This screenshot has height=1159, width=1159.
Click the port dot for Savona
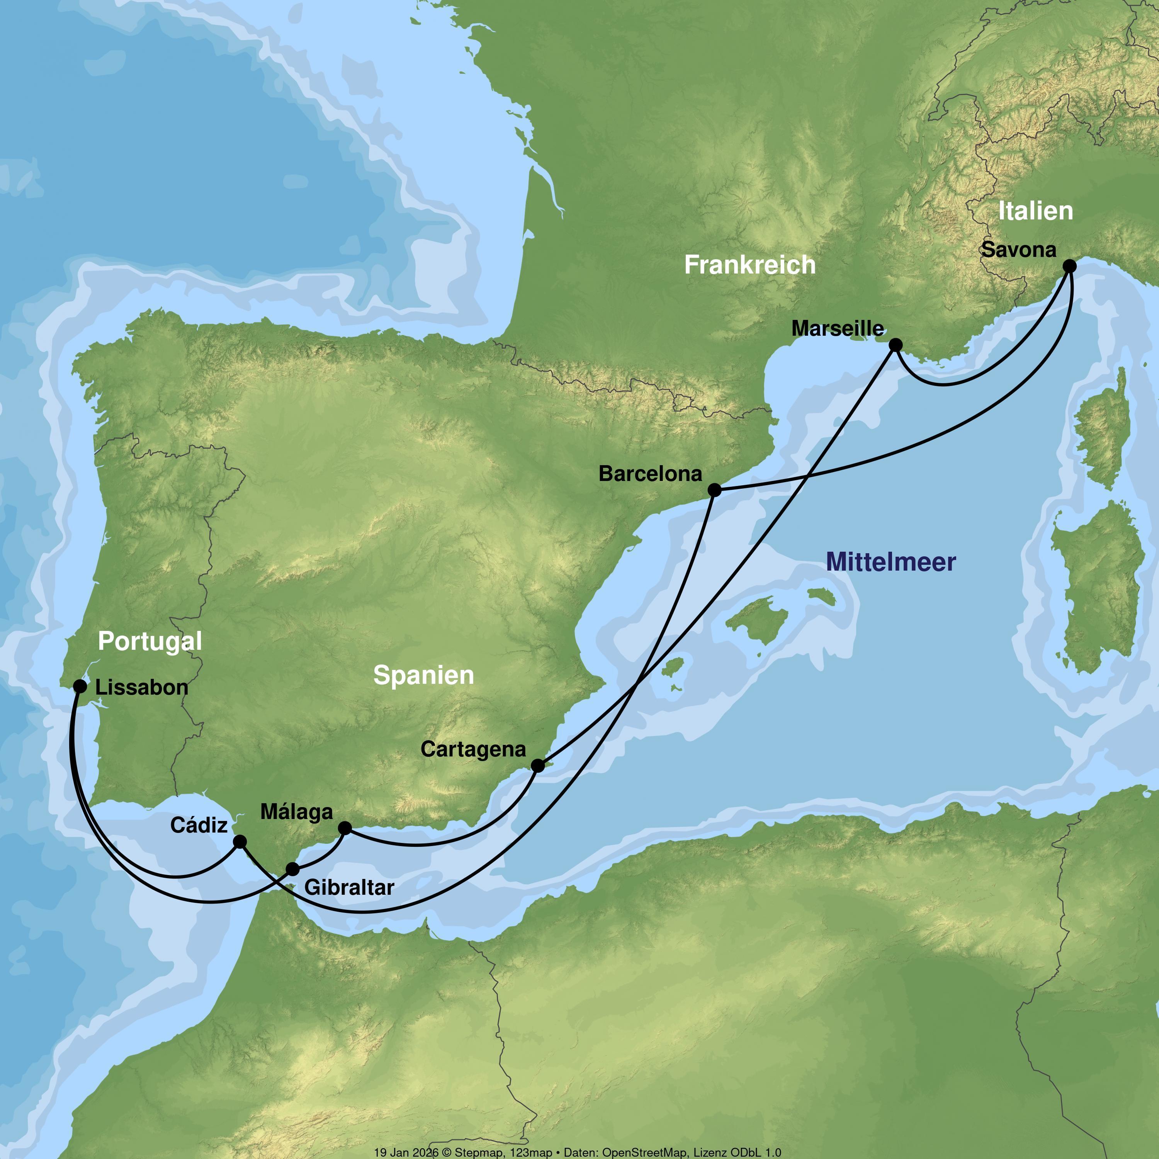1069,266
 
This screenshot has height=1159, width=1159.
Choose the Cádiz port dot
240,842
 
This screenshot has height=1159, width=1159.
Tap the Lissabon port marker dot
80,686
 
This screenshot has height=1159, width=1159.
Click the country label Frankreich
750,265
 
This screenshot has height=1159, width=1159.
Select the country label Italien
1035,211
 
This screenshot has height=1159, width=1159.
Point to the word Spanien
423,675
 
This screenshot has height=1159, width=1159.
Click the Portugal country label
150,641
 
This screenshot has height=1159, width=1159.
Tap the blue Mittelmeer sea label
891,562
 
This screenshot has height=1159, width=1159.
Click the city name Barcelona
650,474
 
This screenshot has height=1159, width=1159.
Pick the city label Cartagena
473,749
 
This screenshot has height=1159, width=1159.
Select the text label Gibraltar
349,887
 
